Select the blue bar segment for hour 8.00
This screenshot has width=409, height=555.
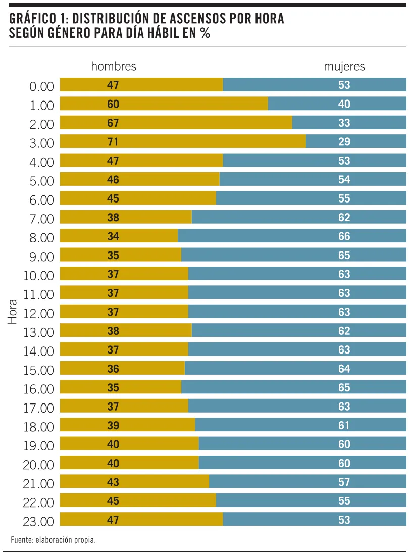pos(292,236)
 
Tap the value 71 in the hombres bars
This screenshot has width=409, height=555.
pos(113,142)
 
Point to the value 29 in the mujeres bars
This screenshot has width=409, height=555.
pos(344,142)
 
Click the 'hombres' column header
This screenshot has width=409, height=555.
pos(114,67)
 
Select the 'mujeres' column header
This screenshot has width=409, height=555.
pos(344,67)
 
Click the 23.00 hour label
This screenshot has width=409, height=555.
pos(38,521)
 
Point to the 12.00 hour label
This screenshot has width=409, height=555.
pos(38,313)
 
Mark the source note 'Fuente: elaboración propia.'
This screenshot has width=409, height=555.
pos(53,540)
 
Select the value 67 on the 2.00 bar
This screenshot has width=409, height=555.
pos(113,123)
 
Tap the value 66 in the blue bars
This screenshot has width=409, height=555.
pos(344,236)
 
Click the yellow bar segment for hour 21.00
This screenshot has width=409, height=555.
pos(134,482)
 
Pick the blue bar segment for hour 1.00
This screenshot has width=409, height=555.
pos(337,104)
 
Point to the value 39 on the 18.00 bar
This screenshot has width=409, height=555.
pos(113,426)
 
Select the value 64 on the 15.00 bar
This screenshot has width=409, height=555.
pos(344,369)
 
